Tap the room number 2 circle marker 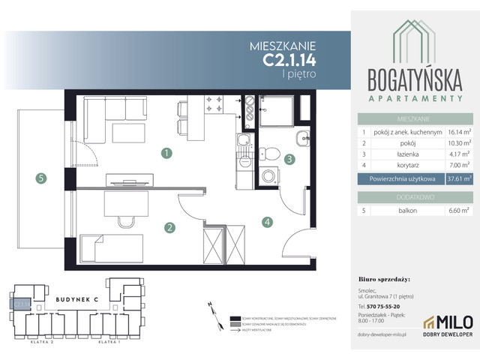(170, 227)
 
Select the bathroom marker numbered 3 (288, 158)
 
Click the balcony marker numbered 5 (40, 178)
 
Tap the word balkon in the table (387, 212)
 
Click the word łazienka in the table (389, 153)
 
